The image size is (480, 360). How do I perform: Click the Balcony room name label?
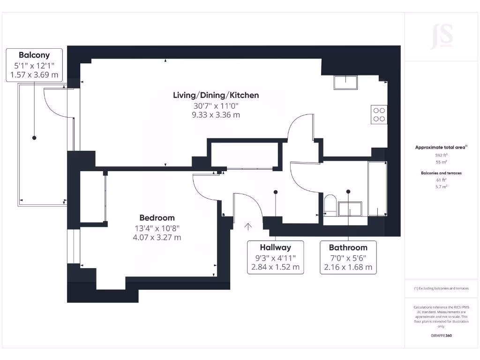click(34, 55)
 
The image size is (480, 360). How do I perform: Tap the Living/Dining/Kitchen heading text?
click(216, 95)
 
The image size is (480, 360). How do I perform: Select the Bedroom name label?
click(157, 218)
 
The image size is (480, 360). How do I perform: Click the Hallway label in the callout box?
click(275, 247)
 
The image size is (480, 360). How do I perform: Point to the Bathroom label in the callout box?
click(348, 247)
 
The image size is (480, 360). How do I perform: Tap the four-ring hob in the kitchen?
click(379, 114)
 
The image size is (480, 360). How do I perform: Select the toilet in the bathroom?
click(330, 205)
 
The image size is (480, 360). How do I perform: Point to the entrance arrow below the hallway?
click(248, 227)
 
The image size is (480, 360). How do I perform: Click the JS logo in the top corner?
click(442, 36)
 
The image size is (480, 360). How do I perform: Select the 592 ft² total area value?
click(442, 155)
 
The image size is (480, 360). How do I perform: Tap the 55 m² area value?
click(442, 162)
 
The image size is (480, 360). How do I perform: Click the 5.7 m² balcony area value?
click(442, 187)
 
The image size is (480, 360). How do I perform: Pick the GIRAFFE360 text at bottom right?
click(442, 336)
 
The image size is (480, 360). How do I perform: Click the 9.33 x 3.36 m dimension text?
click(216, 115)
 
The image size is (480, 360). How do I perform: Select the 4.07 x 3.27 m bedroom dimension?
click(157, 238)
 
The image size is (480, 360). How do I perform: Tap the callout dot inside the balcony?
click(34, 138)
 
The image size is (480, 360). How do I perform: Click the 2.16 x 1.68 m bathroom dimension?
click(348, 268)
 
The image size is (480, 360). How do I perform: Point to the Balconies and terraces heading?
click(442, 173)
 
